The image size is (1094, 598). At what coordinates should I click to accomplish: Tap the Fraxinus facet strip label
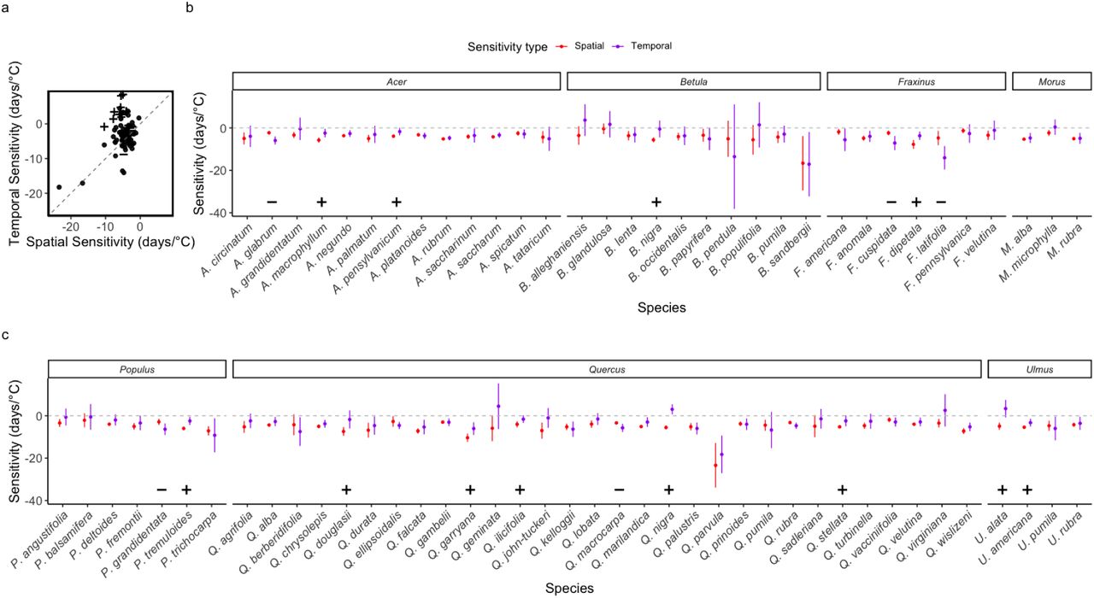(916, 81)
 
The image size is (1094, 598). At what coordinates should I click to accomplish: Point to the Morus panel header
(1051, 81)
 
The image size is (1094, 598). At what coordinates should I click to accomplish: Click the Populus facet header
(137, 369)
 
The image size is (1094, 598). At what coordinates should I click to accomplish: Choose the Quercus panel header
(606, 369)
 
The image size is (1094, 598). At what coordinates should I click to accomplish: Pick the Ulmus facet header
(1038, 369)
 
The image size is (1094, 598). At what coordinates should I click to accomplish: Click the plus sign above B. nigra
(656, 202)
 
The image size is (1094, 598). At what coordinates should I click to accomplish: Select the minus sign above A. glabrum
(272, 202)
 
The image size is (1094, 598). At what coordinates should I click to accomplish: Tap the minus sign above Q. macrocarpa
(619, 490)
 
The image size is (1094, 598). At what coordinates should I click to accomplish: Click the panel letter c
(6, 335)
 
